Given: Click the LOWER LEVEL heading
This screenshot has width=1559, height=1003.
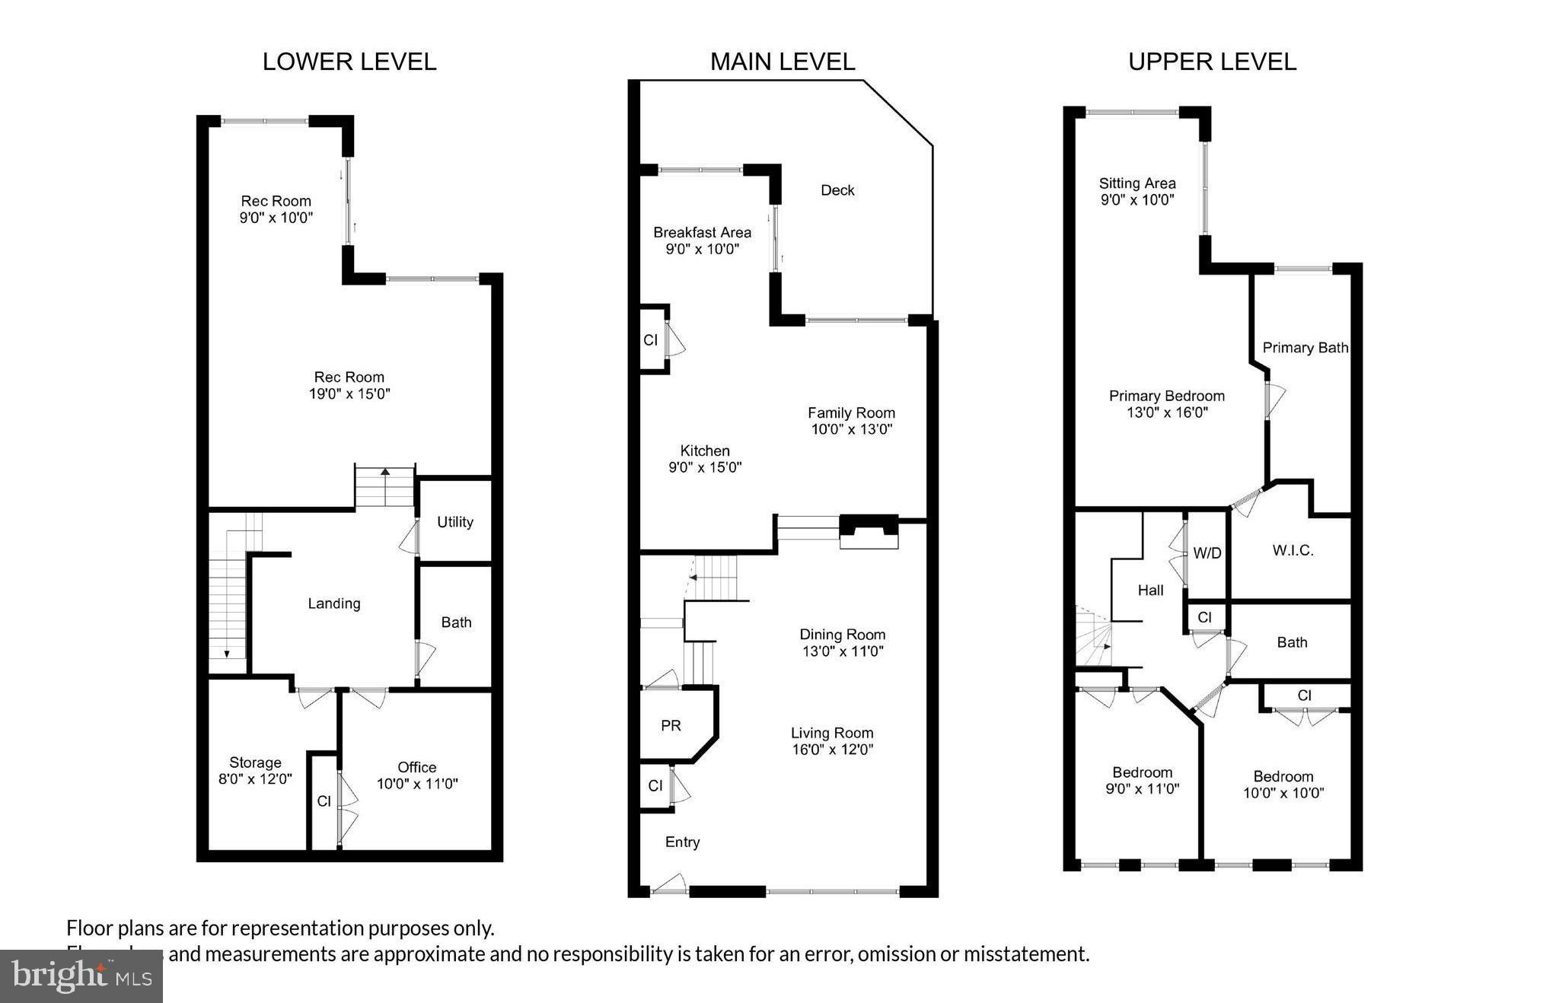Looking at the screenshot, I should [x=349, y=62].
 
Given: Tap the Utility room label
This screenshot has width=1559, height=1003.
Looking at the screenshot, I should [x=454, y=522].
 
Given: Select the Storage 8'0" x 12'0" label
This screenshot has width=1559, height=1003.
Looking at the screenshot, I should [x=255, y=771].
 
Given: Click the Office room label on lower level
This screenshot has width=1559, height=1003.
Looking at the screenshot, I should [x=416, y=767].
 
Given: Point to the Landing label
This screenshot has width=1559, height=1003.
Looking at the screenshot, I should [x=333, y=603].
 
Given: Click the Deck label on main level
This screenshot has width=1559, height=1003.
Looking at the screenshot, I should [x=837, y=190].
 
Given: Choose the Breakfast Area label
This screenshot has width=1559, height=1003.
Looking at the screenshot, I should [x=702, y=232].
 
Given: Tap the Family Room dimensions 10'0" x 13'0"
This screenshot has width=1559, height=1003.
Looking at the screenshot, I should [x=851, y=429].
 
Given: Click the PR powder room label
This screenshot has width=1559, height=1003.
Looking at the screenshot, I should [x=671, y=726].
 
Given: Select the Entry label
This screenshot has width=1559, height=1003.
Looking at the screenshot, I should [x=682, y=842].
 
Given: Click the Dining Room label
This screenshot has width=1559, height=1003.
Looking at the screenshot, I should [x=842, y=634].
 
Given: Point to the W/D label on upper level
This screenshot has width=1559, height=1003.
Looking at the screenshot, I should [x=1207, y=553].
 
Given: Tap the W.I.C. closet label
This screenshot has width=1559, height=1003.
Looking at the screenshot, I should [x=1293, y=550].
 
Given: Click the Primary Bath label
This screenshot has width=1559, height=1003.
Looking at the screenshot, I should [x=1305, y=348].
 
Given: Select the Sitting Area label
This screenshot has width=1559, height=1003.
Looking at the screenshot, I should [x=1137, y=183].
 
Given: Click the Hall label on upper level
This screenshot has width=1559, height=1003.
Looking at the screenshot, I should [x=1150, y=590].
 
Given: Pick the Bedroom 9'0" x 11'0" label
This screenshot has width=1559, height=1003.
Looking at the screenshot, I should [x=1142, y=781].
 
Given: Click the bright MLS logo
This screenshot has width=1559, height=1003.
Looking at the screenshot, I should [x=81, y=976].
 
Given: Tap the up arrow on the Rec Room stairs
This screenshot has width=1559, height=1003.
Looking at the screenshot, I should [x=385, y=473].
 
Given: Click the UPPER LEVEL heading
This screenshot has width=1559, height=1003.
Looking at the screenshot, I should [x=1212, y=62].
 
